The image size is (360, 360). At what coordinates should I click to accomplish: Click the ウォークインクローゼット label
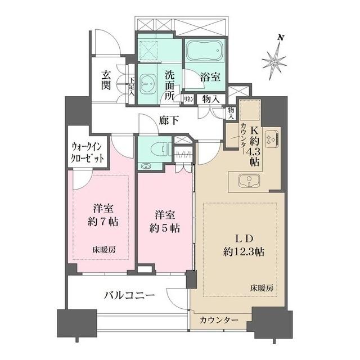[x=87, y=153]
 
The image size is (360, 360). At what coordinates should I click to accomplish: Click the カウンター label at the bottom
[x=219, y=320]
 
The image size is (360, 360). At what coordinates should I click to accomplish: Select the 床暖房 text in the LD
[x=262, y=287]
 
